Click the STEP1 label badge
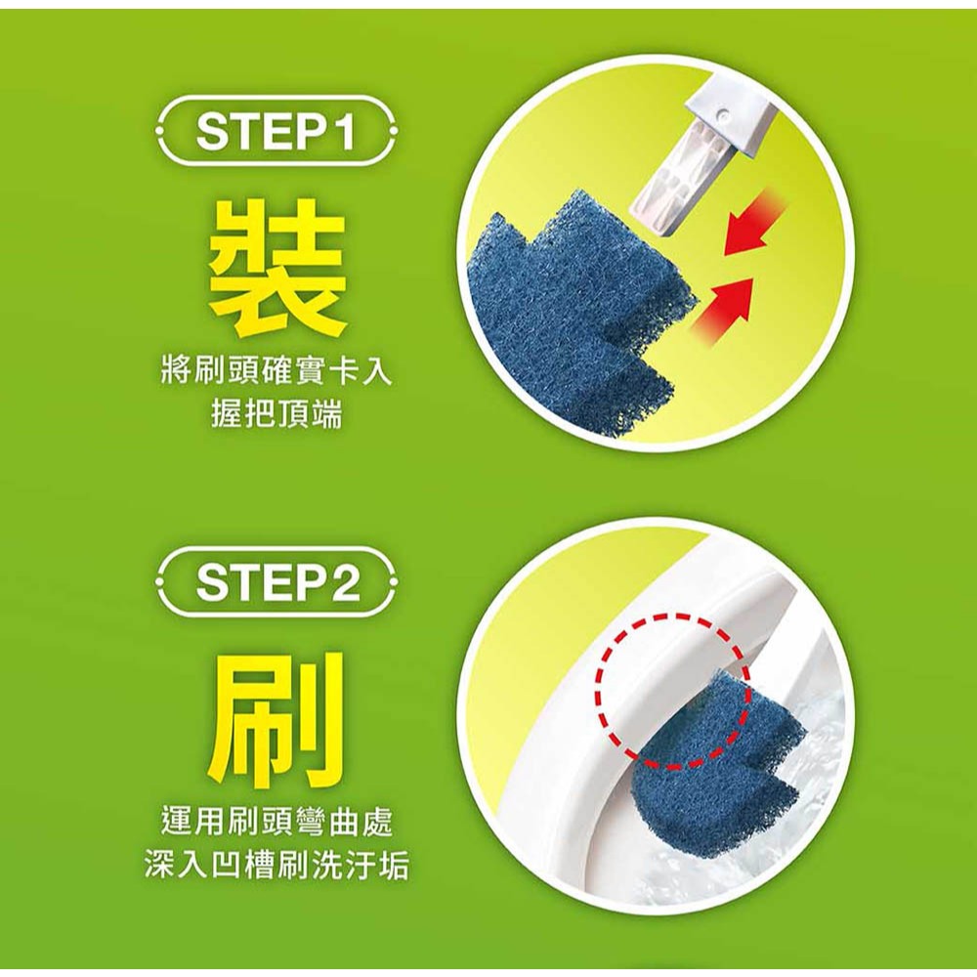click(x=276, y=131)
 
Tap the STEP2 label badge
click(x=276, y=581)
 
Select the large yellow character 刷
click(x=277, y=718)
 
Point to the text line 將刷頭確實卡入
click(x=276, y=372)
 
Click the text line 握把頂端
click(x=276, y=413)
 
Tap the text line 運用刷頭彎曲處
click(x=276, y=823)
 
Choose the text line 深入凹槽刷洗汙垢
click(x=276, y=865)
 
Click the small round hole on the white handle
click(x=723, y=112)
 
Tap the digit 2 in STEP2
click(x=345, y=581)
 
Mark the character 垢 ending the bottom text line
click(x=395, y=865)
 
